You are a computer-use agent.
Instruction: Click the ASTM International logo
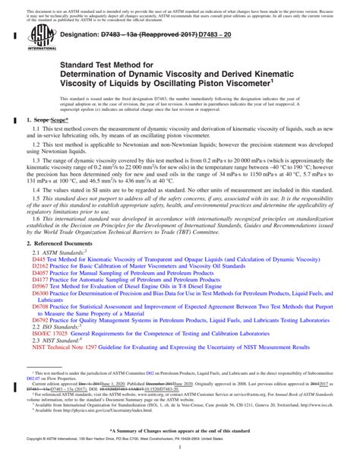(x=37, y=37)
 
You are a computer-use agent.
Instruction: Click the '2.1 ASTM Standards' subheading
(x=62, y=252)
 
